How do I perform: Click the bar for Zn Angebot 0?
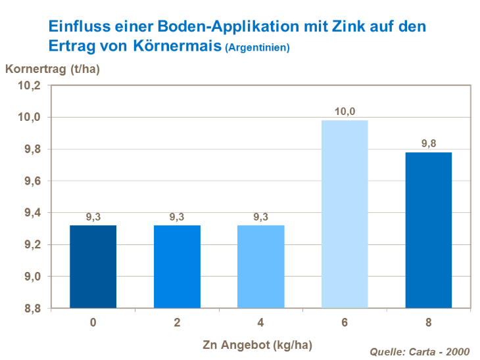coord(93,267)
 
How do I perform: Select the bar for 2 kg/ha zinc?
coord(177,267)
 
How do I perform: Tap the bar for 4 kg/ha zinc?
coord(260,267)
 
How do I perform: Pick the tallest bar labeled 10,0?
coord(345,214)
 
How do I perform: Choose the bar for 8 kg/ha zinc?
coord(429,230)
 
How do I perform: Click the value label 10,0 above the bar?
coord(345,112)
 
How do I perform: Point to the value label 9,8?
coord(429,144)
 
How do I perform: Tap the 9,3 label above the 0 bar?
coord(93,217)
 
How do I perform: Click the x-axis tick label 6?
coord(345,323)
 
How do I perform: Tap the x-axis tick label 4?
coord(260,323)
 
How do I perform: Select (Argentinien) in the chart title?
coord(257,49)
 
